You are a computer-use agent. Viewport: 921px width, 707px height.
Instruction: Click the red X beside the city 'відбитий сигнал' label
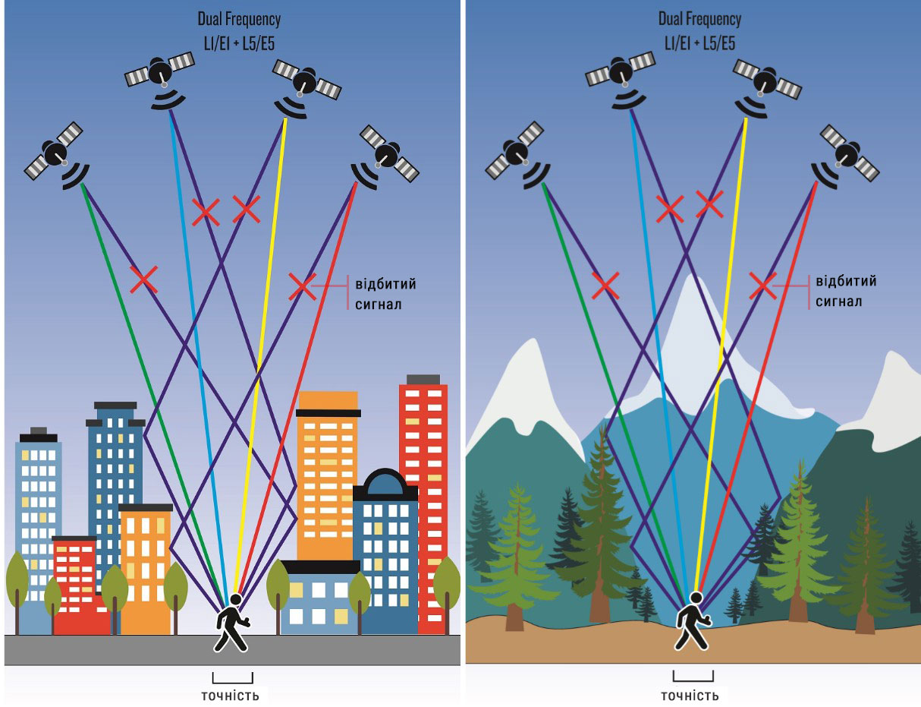(x=301, y=286)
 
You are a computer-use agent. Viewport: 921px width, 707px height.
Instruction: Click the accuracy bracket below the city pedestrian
(x=232, y=678)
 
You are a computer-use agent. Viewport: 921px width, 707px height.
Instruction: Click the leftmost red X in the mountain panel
(x=605, y=285)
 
